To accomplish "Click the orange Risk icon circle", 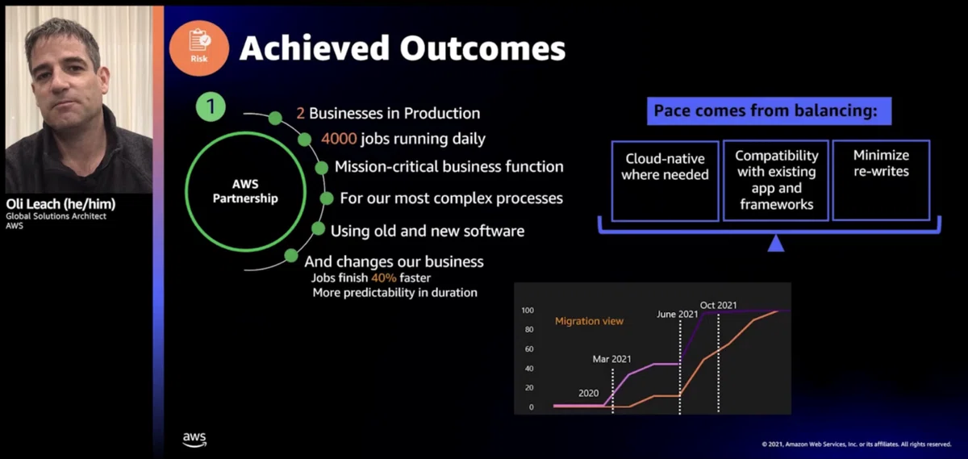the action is (198, 48).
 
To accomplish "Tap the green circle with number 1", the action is (211, 106).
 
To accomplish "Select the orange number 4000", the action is (340, 139).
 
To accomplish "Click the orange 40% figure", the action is (384, 278).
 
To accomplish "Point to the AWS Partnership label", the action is (245, 191).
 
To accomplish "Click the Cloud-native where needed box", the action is (665, 181).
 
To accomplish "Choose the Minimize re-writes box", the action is (881, 180).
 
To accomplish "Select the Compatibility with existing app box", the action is (776, 180).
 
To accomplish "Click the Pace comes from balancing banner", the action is (769, 111).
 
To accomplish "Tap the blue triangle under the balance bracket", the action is (776, 244).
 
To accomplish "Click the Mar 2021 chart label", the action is (611, 359).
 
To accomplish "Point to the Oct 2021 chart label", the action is (718, 305).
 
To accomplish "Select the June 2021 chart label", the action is (677, 315).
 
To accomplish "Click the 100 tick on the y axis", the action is (528, 311).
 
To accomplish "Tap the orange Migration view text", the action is (589, 321).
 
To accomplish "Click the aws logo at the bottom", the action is (194, 439).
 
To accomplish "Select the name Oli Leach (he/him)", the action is (61, 203).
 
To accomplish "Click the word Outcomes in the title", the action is (482, 48).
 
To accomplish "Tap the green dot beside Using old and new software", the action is (318, 228).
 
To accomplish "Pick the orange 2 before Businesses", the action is (300, 113).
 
